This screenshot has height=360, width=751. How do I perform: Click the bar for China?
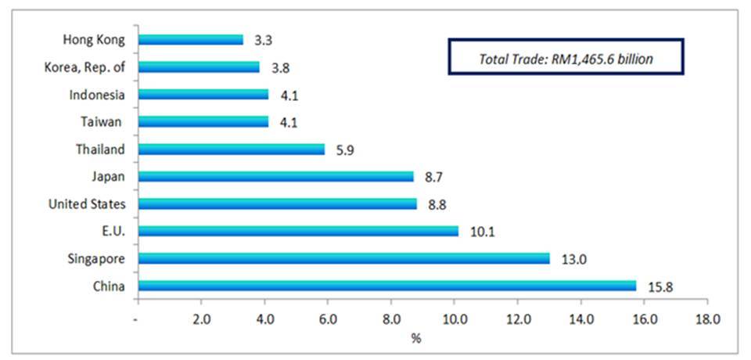click(387, 286)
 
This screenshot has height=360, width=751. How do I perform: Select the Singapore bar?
click(343, 258)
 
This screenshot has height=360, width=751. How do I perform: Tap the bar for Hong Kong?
click(190, 39)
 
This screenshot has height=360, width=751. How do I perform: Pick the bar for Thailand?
click(231, 149)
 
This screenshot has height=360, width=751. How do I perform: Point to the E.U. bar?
click(297, 231)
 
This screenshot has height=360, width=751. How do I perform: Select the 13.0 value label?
click(572, 259)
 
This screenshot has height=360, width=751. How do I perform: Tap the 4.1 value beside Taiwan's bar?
click(289, 122)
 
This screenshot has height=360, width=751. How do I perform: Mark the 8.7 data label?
click(434, 177)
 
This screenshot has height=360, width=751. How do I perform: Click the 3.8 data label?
click(279, 67)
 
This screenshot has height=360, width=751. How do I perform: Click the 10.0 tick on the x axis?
click(455, 319)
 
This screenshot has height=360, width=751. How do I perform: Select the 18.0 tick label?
click(707, 319)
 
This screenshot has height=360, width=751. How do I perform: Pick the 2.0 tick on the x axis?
click(201, 319)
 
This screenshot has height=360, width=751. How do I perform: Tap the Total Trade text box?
click(566, 56)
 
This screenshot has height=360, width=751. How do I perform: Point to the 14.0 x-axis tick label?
click(580, 319)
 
